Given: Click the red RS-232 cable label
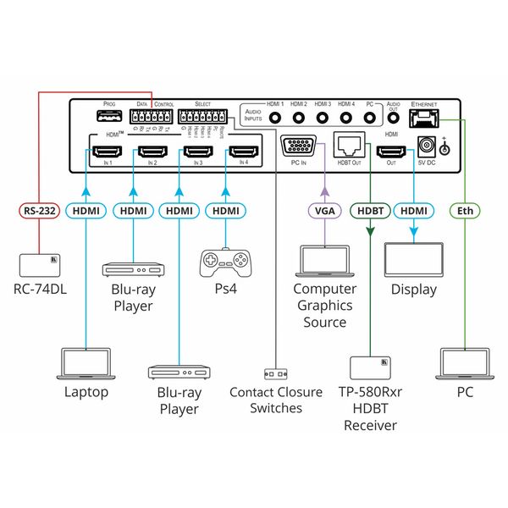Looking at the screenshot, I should coord(40,212).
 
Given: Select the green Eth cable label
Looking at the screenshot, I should coord(465,212).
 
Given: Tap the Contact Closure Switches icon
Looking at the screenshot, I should coord(276,373).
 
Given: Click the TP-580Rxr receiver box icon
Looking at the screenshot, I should coord(370,367).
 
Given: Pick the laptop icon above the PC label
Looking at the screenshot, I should coord(465,363).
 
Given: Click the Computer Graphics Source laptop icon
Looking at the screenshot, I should coord(325,262).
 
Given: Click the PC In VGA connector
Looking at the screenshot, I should coord(298,145).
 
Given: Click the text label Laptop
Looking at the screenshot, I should coord(86,392).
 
